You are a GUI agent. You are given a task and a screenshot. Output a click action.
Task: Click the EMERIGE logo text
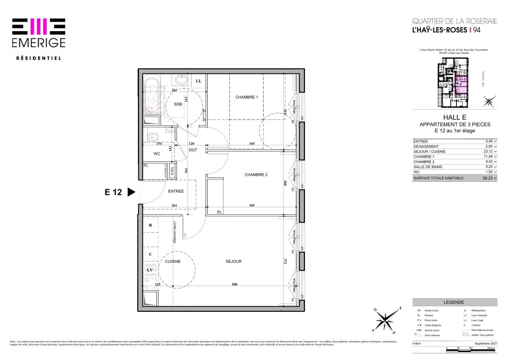pyautogui.click(x=39, y=43)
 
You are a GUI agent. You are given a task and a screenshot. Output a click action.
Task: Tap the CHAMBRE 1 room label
pyautogui.click(x=247, y=97)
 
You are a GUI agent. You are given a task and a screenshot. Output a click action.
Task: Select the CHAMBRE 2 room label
pyautogui.click(x=256, y=175)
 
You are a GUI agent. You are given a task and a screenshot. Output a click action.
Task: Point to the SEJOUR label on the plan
pyautogui.click(x=234, y=261)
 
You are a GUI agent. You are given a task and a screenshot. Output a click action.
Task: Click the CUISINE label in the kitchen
pyautogui.click(x=173, y=261)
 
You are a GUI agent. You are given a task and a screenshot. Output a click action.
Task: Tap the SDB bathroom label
pyautogui.click(x=178, y=104)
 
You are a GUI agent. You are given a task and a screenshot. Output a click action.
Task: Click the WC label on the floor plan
pyautogui.click(x=157, y=154)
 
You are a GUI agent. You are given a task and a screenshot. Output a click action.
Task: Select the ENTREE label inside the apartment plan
pyautogui.click(x=176, y=191)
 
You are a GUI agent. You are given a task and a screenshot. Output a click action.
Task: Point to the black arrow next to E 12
pyautogui.click(x=131, y=192)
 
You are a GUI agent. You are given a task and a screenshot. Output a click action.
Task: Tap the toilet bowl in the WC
pyautogui.click(x=152, y=136)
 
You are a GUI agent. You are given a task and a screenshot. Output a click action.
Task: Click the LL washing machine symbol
pyautogui.click(x=199, y=81)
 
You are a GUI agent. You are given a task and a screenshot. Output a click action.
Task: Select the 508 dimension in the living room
pyautogui.click(x=234, y=284)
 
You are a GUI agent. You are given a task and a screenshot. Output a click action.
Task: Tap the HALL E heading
pyautogui.click(x=454, y=117)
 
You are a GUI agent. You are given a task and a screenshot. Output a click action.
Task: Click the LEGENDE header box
pyautogui.click(x=454, y=302)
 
